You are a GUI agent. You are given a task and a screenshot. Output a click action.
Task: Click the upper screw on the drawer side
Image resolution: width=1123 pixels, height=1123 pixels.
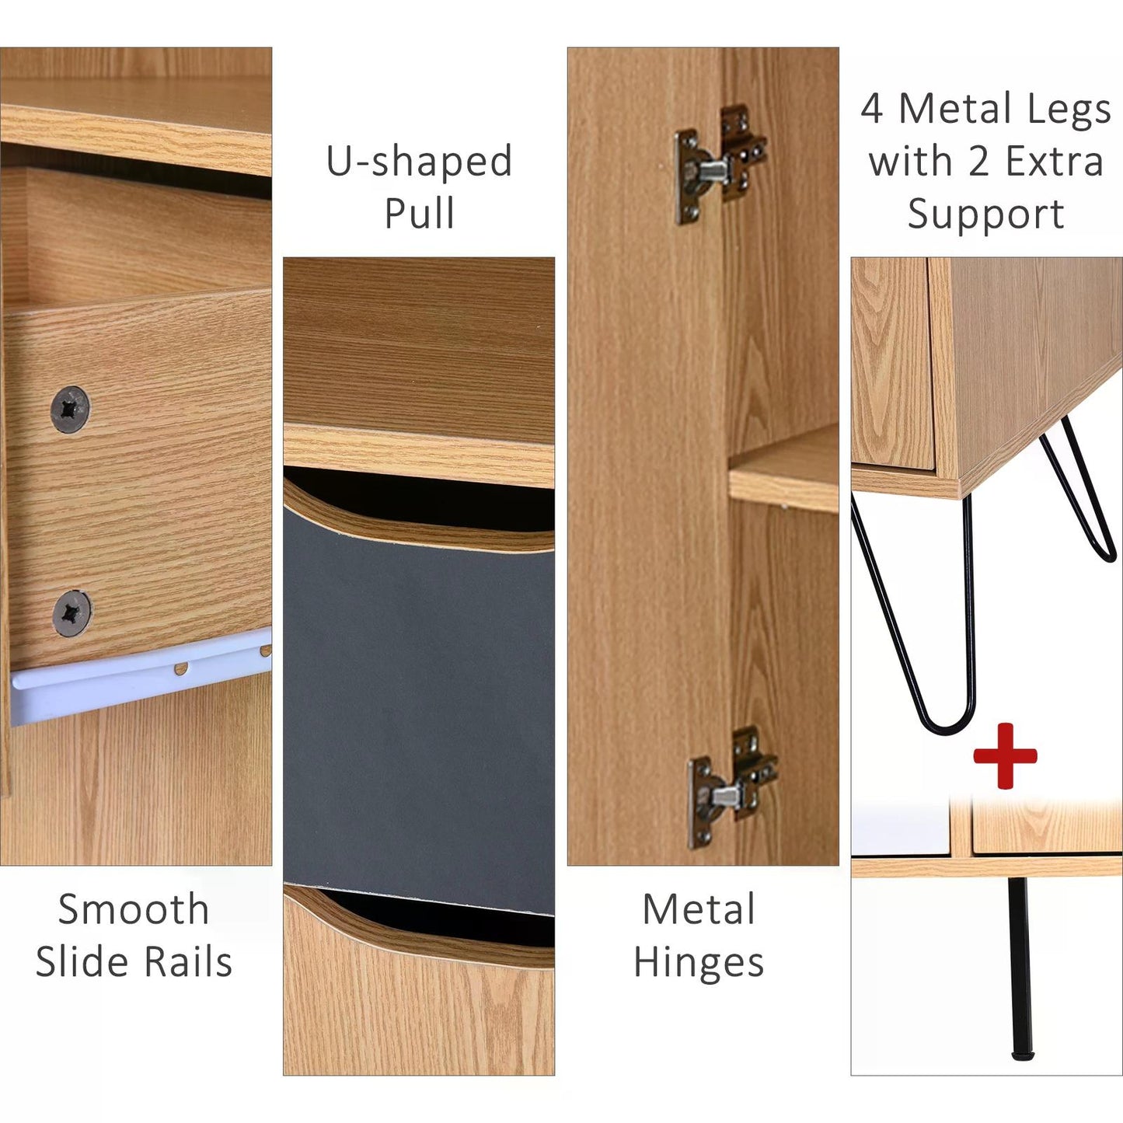(71, 409)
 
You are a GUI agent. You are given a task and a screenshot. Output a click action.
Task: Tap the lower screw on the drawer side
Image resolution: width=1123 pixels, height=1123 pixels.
(71, 613)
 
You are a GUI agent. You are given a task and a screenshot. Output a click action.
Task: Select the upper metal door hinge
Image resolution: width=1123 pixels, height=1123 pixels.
(720, 165)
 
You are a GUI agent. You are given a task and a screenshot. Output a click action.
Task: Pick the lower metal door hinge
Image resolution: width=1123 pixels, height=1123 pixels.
(733, 786)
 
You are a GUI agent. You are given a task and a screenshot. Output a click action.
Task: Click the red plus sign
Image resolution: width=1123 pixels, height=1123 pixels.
(1006, 756)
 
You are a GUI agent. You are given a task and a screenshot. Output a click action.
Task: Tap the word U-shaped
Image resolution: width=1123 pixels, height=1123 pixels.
(419, 162)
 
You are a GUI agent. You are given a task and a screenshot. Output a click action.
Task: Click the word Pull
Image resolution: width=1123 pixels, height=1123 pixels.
(419, 212)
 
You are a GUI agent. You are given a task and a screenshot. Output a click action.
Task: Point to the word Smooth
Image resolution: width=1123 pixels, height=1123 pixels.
(134, 909)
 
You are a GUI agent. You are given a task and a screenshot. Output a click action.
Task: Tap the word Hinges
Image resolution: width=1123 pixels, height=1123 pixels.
(699, 964)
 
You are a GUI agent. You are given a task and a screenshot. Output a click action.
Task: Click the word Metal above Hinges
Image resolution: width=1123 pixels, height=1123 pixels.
(699, 909)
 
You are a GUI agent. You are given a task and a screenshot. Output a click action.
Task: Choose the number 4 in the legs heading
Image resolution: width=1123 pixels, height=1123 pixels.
(871, 109)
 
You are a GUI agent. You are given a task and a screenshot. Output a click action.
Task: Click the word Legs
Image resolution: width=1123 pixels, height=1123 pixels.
(1069, 110)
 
